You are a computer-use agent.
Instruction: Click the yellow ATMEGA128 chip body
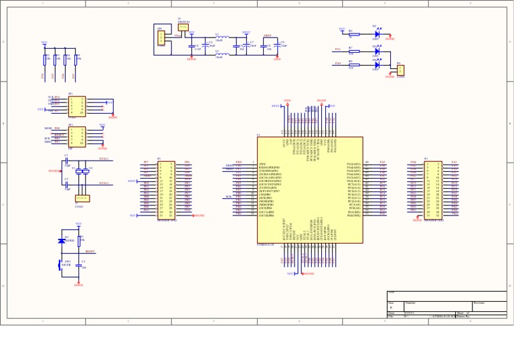coord(310,190)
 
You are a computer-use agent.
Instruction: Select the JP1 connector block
coord(76,106)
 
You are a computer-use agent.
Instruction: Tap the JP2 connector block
coord(76,136)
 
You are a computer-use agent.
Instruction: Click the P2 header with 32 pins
coord(166,190)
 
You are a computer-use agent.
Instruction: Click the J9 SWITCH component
coord(183,27)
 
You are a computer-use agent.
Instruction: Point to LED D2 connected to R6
coord(377,33)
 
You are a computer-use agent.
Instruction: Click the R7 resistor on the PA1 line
coord(351,50)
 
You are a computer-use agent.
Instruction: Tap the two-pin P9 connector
coord(400,70)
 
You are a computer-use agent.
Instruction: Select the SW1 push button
coord(61,264)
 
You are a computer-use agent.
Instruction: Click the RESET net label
coord(90,252)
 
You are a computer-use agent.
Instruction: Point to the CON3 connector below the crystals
coord(82,198)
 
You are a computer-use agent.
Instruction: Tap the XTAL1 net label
coord(104,159)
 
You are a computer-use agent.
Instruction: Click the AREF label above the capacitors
coord(267,35)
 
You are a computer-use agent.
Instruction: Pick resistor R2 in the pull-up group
coord(46,59)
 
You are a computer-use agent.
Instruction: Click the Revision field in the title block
coord(489,304)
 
